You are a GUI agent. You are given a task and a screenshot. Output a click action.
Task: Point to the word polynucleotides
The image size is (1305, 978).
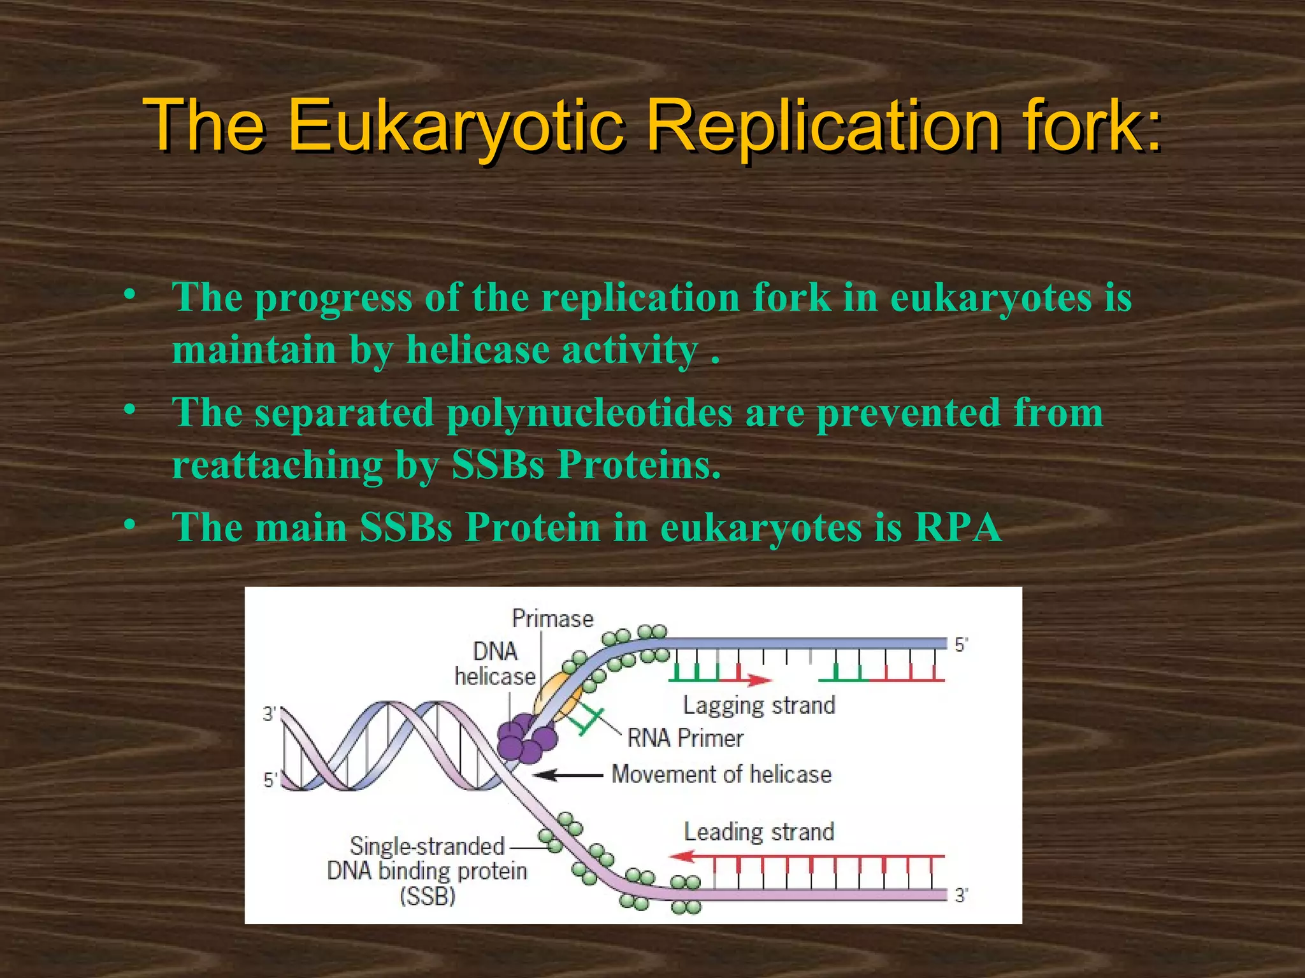click(x=589, y=412)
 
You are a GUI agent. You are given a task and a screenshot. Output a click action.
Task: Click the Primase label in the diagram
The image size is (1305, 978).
click(x=552, y=618)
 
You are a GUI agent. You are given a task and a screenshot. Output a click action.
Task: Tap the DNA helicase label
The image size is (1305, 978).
click(x=495, y=663)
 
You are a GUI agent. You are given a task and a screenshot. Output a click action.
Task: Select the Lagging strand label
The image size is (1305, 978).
click(x=759, y=705)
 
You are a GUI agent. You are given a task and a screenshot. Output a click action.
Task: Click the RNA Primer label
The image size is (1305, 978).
click(x=685, y=738)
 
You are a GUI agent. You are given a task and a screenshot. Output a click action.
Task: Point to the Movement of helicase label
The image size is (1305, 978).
click(x=721, y=774)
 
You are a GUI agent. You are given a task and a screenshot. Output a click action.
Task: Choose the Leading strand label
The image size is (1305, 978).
click(x=759, y=832)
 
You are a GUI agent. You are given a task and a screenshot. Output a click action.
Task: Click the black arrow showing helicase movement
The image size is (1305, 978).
click(x=567, y=775)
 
